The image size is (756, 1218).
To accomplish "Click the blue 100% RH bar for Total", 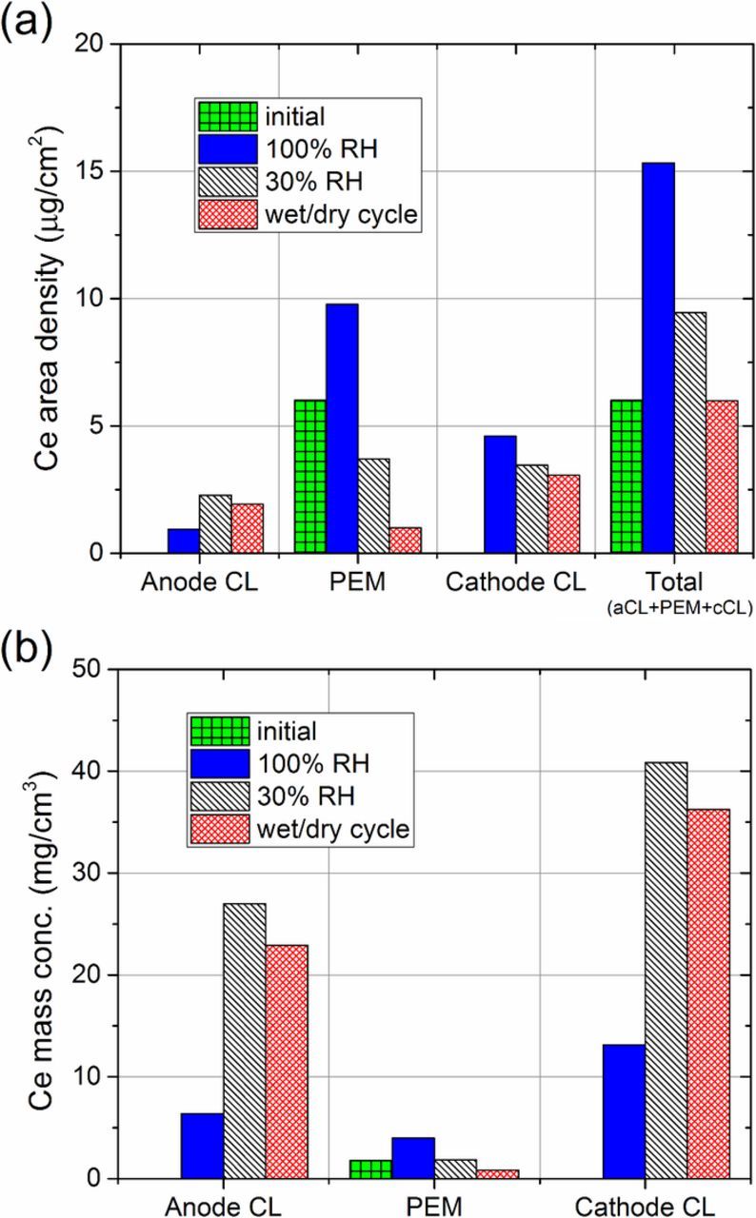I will pos(658,357).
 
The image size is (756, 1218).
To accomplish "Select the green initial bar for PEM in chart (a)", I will pos(309,476).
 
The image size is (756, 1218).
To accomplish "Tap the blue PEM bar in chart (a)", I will pos(341,428).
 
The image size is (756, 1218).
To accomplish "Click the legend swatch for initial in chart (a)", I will pos(228,117).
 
